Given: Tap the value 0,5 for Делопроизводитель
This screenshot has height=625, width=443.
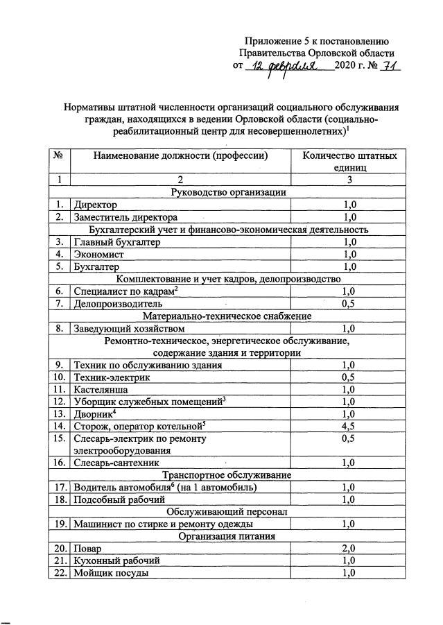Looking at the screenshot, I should coord(349,303).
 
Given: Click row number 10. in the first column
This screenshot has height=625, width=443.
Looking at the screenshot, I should coord(60,377).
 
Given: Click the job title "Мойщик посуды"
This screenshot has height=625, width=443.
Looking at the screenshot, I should coord(111,572).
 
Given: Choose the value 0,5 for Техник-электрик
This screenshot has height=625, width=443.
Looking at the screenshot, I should coord(349,377).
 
